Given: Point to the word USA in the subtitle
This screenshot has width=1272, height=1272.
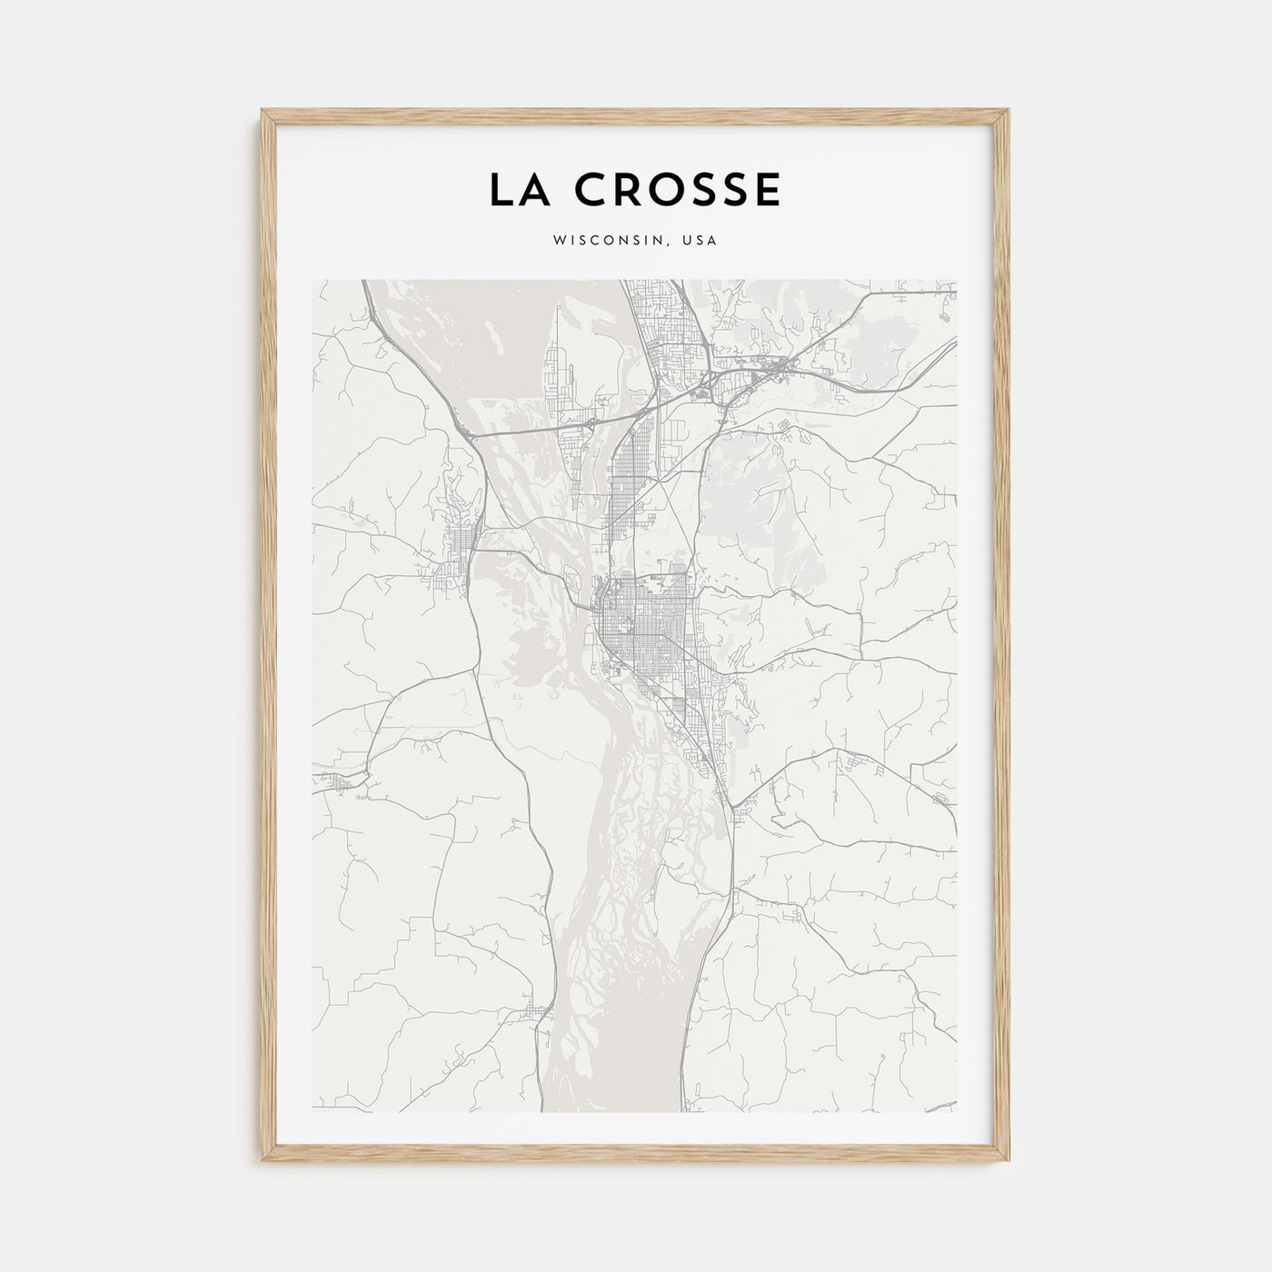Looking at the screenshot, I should pos(701,242).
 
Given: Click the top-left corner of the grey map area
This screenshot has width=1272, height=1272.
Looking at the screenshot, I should pos(313,280).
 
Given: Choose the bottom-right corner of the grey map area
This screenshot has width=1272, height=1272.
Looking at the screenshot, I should pos(957,1110).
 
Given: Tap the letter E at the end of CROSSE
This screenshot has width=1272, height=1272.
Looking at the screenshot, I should pos(769,190).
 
